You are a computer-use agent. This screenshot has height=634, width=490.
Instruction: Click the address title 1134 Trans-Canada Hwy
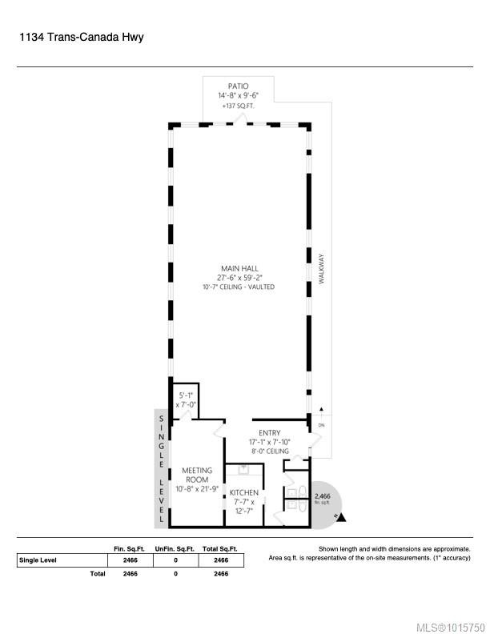pos(80,37)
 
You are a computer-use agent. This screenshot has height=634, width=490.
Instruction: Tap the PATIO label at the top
pos(238,86)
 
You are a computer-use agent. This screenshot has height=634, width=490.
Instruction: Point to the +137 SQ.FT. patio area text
pos(238,105)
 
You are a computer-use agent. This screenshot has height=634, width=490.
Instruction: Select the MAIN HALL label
pos(239,268)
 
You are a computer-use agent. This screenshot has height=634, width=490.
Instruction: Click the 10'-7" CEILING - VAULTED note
pos(239,287)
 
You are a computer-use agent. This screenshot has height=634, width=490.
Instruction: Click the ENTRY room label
pos(269,432)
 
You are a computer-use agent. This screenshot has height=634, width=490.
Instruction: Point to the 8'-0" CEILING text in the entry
pos(269,451)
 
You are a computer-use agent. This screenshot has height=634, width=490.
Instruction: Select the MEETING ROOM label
pos(196,475)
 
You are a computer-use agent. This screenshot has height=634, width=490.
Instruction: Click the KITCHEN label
pos(243,492)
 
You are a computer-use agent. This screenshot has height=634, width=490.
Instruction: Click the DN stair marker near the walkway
pos(321,425)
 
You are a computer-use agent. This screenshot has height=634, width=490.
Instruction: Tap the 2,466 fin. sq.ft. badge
pos(322,499)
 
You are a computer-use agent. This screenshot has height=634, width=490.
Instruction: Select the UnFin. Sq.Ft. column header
pos(175,548)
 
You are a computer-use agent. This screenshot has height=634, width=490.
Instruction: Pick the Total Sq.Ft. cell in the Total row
pos(216,574)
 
